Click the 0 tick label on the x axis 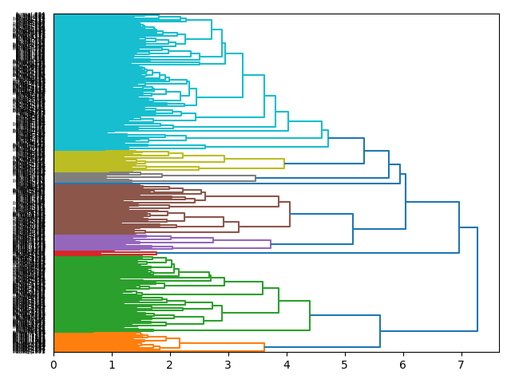click(x=53, y=365)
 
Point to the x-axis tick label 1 click(x=112, y=365)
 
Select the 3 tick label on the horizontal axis click(x=228, y=365)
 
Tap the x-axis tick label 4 click(x=287, y=365)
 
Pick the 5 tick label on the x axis click(x=345, y=365)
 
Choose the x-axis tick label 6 click(x=402, y=365)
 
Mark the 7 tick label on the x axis click(x=461, y=365)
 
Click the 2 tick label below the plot click(x=170, y=365)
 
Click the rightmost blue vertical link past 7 click(x=477, y=279)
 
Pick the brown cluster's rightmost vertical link click(x=290, y=214)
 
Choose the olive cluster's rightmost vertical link click(x=284, y=164)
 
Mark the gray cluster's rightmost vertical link click(x=255, y=178)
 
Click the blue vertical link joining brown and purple click(x=353, y=229)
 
